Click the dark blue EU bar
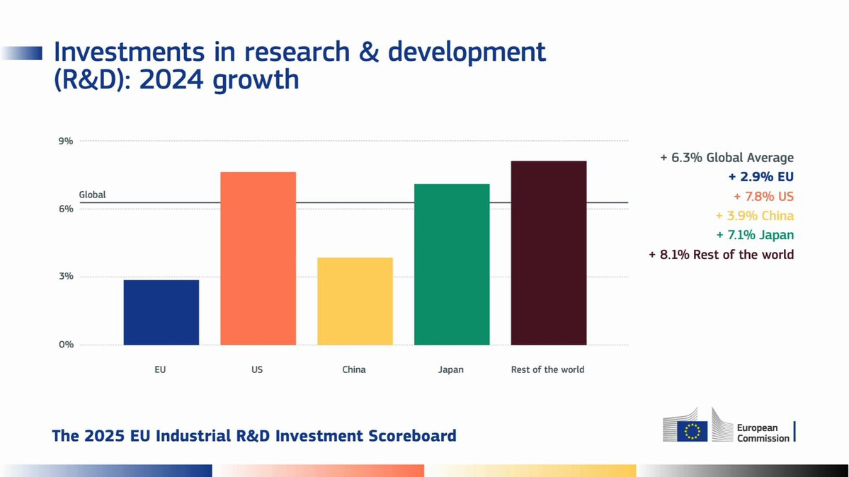161,312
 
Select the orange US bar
258,258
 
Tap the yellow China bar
355,301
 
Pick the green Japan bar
452,264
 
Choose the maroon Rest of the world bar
548,253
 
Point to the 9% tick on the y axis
65,141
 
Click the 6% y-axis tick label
65,209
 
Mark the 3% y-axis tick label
65,277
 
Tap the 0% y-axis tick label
65,345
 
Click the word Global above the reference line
92,195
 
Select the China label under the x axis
354,369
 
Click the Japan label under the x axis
451,369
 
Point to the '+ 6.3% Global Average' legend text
727,158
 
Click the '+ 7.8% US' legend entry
763,196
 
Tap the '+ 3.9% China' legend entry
754,216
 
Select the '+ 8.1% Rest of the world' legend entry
721,254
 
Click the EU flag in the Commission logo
692,430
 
